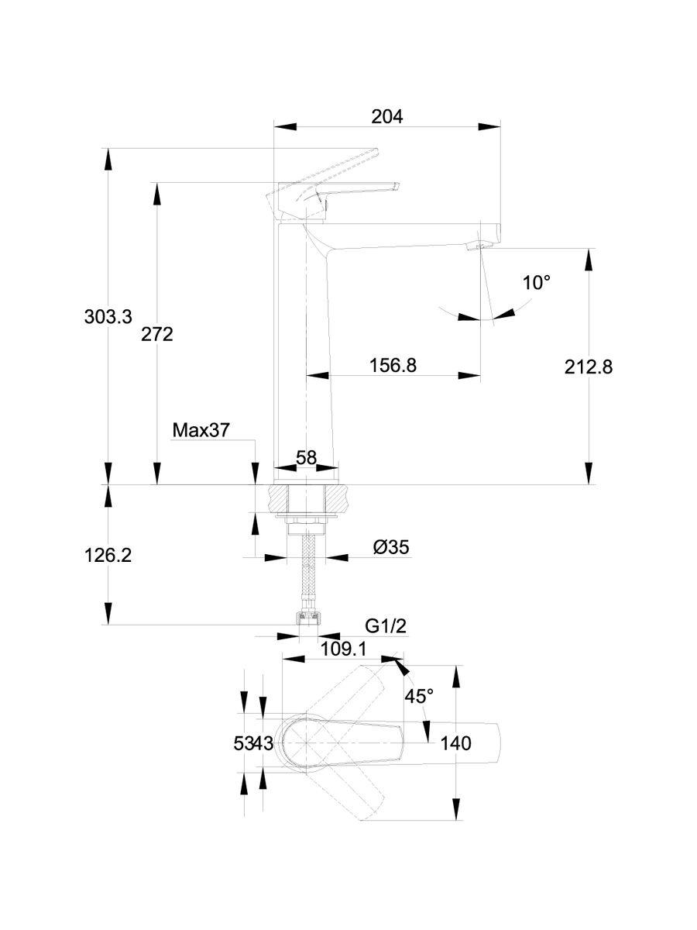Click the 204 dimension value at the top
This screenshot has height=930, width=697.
387,117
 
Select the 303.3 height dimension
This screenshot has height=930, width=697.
108,316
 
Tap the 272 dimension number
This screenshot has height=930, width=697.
157,334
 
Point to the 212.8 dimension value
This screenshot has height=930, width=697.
589,367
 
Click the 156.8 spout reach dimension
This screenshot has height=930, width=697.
393,365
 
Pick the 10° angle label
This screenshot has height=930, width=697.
537,282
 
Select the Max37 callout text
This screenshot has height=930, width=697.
201,430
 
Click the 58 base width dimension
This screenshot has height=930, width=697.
307,457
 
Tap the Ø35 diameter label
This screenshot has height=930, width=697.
390,547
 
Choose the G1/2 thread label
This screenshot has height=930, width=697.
386,626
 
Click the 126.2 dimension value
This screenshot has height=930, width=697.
108,556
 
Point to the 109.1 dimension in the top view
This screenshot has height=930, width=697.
343,649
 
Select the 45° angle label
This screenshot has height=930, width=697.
418,696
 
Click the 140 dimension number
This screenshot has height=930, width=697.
455,743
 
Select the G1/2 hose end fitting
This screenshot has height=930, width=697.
307,618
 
